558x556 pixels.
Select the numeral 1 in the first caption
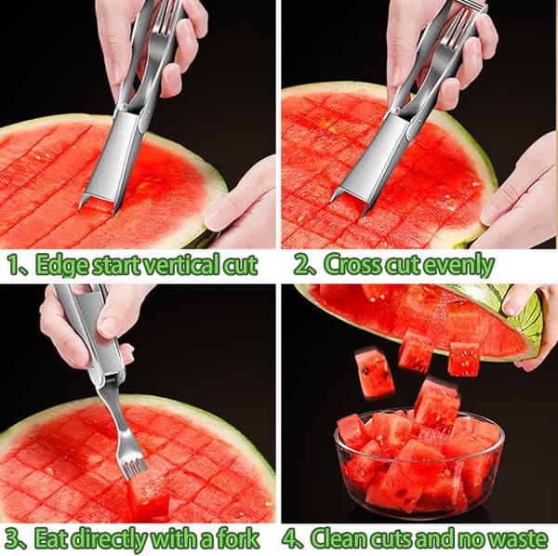point(14,265)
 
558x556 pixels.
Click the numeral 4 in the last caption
point(291,538)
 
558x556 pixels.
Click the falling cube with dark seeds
point(375,373)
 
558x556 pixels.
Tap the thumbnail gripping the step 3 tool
point(108,326)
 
